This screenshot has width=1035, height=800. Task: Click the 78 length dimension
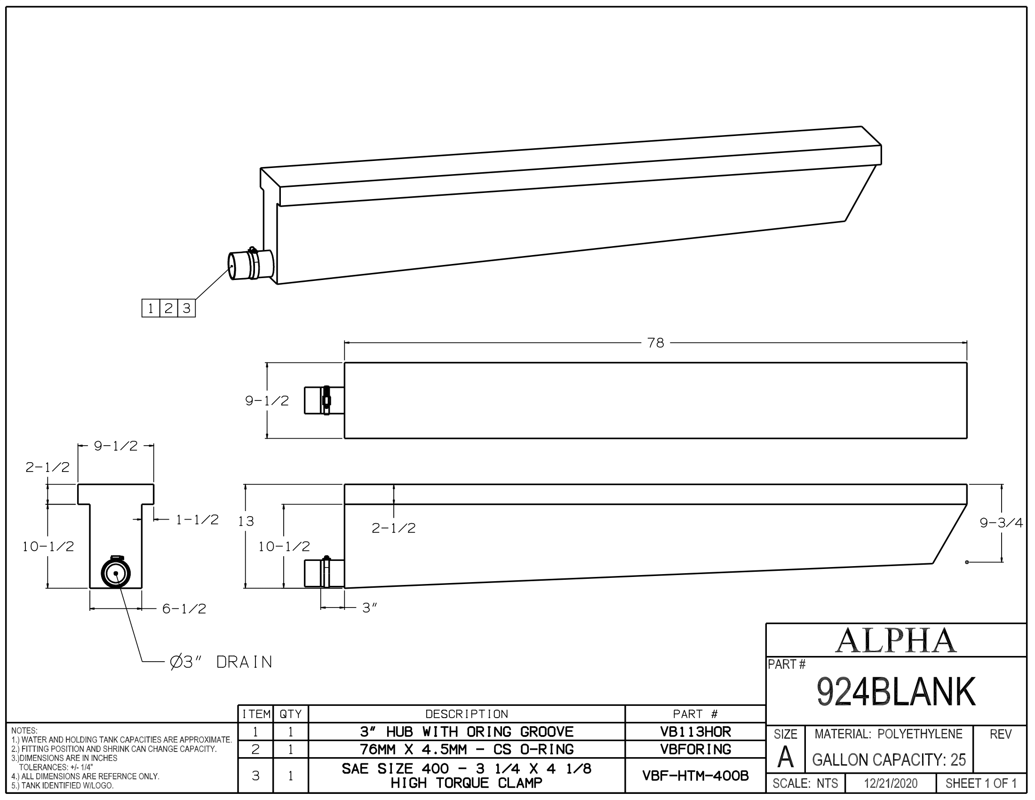(655, 343)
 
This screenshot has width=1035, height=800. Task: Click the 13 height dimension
(246, 522)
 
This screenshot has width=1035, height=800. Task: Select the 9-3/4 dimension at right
(1001, 523)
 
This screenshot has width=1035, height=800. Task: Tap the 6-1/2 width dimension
(184, 609)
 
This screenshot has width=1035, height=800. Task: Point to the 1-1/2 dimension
(197, 520)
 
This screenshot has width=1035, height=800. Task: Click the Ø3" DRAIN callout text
(221, 662)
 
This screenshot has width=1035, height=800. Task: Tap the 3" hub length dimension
(369, 608)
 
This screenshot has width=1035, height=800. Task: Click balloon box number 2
(168, 309)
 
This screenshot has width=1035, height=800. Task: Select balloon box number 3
(186, 309)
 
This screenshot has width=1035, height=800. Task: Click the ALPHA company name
(896, 641)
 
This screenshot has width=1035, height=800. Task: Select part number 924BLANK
(896, 692)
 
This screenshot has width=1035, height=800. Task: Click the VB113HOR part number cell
(695, 732)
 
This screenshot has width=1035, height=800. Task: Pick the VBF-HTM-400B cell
(695, 776)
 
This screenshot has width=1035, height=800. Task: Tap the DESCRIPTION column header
(466, 714)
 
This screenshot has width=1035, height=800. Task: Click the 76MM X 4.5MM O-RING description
(466, 749)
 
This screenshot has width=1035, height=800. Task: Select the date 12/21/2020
(891, 784)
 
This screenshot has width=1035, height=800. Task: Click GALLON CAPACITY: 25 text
(889, 760)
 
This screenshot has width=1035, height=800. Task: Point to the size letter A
(785, 758)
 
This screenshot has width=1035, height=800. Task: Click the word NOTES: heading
(24, 731)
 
